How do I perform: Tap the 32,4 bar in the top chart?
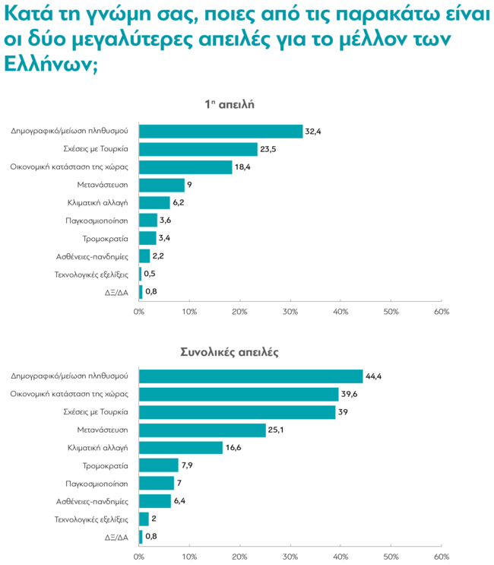[220, 131]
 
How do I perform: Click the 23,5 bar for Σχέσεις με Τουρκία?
[198, 149]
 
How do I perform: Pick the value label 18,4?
[243, 167]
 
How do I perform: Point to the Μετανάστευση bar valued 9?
[162, 185]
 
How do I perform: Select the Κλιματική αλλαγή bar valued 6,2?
[154, 203]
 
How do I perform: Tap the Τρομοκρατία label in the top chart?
[106, 239]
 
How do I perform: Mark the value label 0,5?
[150, 274]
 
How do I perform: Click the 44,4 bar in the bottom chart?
[251, 376]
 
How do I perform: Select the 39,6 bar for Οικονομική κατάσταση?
[239, 394]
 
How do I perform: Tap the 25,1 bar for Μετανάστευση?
[202, 430]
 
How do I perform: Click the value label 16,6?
[234, 448]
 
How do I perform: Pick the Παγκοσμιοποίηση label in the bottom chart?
[97, 484]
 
